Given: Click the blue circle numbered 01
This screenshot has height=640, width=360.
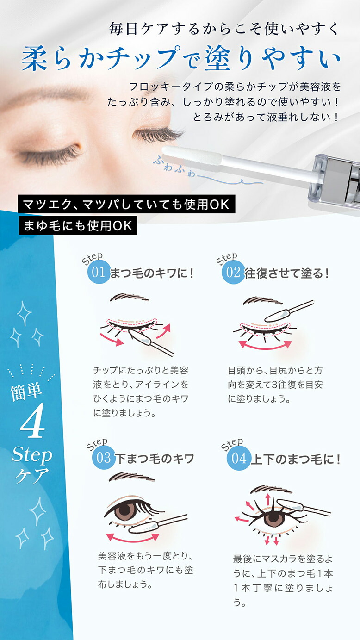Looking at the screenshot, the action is click(x=99, y=272).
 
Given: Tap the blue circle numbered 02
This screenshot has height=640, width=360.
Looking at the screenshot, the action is click(x=233, y=272).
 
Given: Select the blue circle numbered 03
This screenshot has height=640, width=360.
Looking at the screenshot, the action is click(x=104, y=458).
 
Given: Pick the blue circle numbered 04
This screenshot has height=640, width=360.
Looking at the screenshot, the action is click(x=239, y=459).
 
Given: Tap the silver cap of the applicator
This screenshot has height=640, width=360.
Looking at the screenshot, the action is click(x=336, y=179).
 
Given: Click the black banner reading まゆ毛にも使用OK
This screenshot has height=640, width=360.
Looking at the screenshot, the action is click(x=77, y=225).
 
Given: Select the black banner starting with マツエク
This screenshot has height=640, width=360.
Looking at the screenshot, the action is click(x=127, y=204).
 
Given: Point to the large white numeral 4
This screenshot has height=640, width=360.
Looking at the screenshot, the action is click(x=32, y=420).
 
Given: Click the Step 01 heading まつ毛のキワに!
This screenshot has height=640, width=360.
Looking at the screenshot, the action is click(x=152, y=273).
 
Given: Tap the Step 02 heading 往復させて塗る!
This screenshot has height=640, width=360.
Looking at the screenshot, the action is click(x=286, y=273).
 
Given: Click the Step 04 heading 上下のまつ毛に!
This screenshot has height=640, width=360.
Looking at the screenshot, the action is click(x=295, y=460).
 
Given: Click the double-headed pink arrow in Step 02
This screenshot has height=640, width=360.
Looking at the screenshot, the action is click(x=265, y=347).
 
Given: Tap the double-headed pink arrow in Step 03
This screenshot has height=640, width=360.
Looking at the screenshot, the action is click(x=132, y=540).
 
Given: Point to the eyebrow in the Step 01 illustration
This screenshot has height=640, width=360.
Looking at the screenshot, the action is click(x=129, y=297).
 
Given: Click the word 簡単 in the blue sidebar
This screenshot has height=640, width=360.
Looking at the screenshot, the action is click(x=26, y=391).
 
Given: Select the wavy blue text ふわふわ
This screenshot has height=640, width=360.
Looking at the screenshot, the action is click(x=174, y=167).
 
